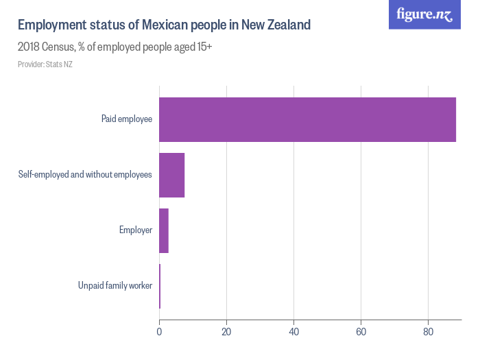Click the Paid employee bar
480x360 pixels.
(307, 119)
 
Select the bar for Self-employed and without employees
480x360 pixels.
(171, 175)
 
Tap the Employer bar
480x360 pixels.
(164, 230)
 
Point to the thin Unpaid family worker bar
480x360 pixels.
(160, 286)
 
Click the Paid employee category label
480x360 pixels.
(127, 119)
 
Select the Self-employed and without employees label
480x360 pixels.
(85, 175)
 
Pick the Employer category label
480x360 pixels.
(136, 230)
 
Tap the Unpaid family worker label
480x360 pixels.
(115, 286)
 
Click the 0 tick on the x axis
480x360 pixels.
(159, 332)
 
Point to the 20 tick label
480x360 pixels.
(226, 332)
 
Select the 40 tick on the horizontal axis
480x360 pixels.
(293, 332)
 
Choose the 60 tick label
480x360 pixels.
(361, 332)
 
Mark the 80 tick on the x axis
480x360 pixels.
(428, 332)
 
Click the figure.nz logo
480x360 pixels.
(424, 14)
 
